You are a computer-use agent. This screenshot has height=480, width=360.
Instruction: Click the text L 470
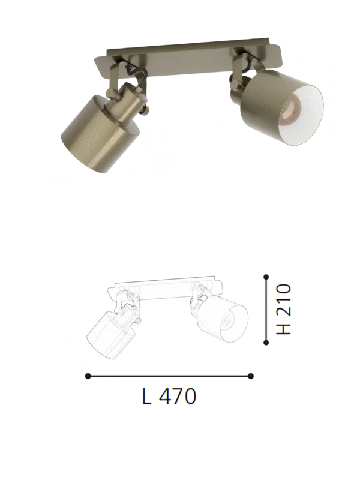click(170, 397)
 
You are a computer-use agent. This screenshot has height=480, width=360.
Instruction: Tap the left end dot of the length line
click(88, 376)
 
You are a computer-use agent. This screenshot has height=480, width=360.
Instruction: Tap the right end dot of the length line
click(251, 376)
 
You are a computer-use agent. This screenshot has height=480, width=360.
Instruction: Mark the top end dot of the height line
click(266, 276)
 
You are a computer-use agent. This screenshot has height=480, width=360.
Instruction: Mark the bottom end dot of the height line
click(266, 342)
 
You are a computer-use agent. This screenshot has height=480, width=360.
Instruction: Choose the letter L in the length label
click(147, 397)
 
